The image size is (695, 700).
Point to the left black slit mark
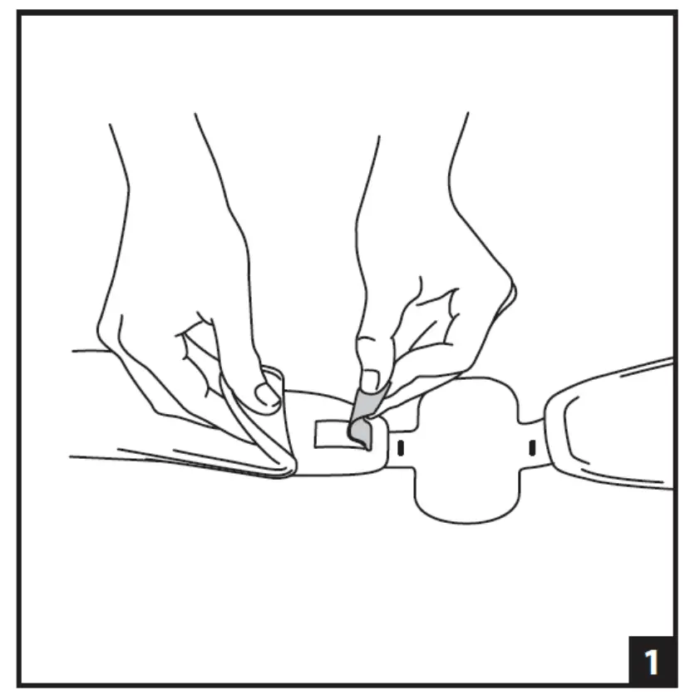(400, 448)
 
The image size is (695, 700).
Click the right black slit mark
(531, 449)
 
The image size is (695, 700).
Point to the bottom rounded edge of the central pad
(466, 520)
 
